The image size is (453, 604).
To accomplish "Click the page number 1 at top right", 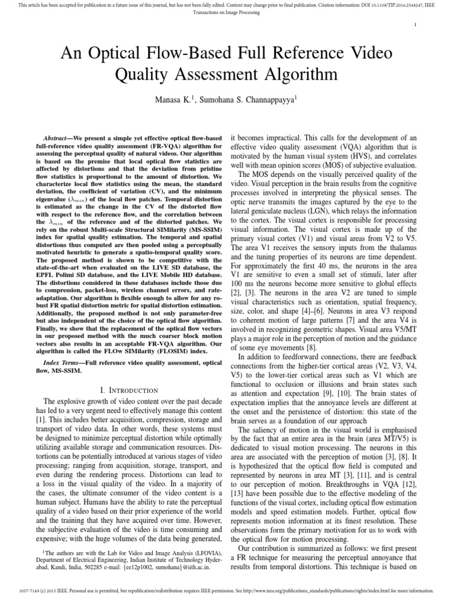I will pos(416,24).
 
